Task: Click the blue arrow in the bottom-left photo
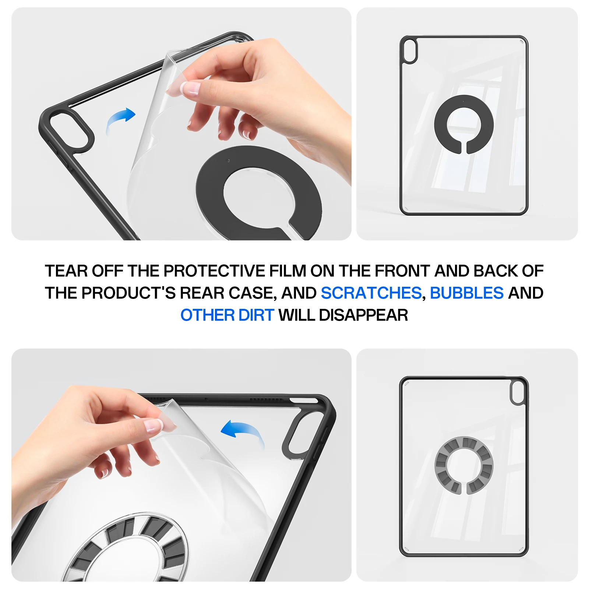point(243,432)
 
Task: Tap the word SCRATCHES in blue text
point(371,293)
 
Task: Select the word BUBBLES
point(466,293)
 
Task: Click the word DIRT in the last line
point(256,315)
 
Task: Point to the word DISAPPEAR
point(363,315)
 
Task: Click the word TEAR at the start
point(66,271)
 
